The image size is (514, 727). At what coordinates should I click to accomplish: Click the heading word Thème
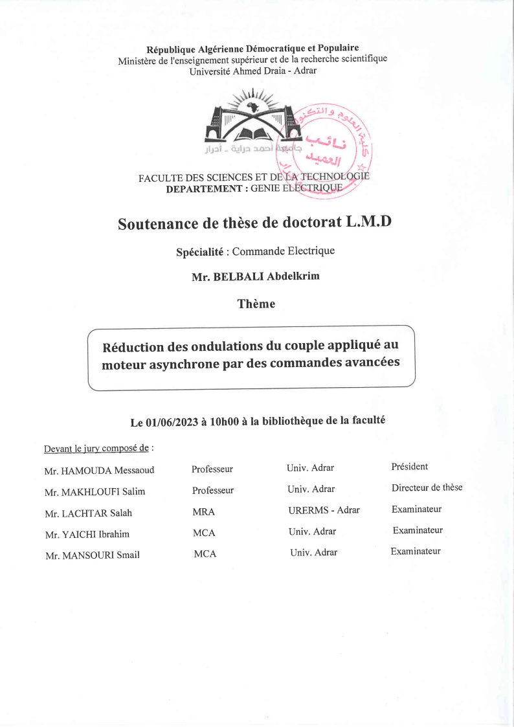256,304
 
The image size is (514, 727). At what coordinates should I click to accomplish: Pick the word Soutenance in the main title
157,223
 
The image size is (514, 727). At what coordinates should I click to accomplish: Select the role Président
409,467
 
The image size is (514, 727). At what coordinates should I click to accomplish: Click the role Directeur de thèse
427,487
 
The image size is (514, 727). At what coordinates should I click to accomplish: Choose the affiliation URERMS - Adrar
324,510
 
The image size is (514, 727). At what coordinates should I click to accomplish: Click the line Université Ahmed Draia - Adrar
252,71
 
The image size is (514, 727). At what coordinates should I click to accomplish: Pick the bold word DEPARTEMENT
203,189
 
